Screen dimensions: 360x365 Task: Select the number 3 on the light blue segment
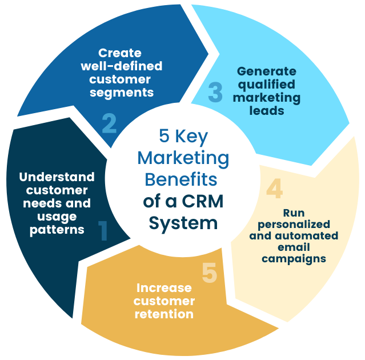pos(215,93)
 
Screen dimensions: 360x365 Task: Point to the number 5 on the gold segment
pos(210,273)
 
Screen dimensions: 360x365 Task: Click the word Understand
pos(57,177)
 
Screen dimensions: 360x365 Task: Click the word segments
pos(122,92)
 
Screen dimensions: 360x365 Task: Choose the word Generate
pos(267,71)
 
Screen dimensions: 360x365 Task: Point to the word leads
pos(267,111)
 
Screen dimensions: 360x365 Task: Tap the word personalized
pos(294,223)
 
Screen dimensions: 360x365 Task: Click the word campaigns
pos(294,258)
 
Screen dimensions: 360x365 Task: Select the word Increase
pos(164,287)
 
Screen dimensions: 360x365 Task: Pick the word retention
pos(164,314)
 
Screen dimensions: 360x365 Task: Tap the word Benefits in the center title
pos(181,179)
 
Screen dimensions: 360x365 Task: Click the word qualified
pos(267,85)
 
